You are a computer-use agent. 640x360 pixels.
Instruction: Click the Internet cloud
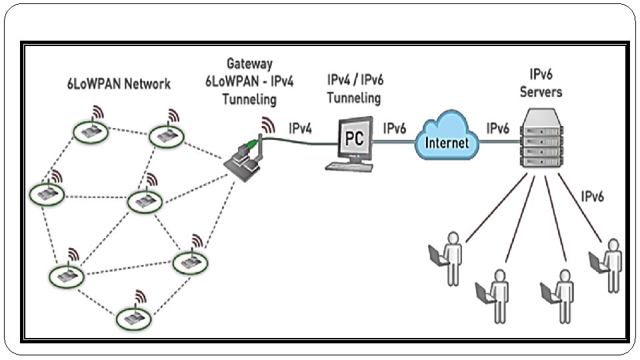click(446, 141)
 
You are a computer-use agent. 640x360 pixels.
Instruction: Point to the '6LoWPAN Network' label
click(119, 85)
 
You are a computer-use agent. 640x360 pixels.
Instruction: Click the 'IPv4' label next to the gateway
click(300, 128)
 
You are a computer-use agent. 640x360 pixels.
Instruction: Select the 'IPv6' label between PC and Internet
click(395, 128)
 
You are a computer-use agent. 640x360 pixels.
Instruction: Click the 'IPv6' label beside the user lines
click(593, 197)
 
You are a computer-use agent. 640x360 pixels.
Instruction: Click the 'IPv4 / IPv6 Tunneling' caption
click(355, 89)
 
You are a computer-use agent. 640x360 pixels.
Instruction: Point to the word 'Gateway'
click(249, 65)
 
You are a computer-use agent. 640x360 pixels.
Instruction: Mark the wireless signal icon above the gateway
click(268, 124)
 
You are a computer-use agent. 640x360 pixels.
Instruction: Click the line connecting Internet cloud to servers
click(502, 142)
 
